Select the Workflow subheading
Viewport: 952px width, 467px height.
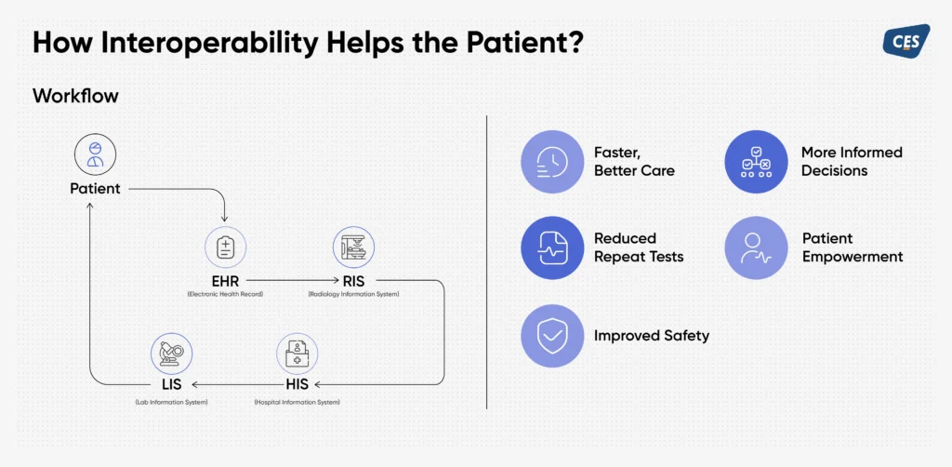pyautogui.click(x=75, y=96)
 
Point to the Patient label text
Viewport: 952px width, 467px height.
pyautogui.click(x=95, y=189)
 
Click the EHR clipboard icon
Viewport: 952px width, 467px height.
pyautogui.click(x=225, y=248)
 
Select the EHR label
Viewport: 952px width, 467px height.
pyautogui.click(x=226, y=279)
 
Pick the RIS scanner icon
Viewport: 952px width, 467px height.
pyautogui.click(x=353, y=248)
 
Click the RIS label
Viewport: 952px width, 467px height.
pyautogui.click(x=354, y=279)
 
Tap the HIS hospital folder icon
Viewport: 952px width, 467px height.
pyautogui.click(x=297, y=354)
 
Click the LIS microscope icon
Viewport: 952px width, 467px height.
pyautogui.click(x=171, y=354)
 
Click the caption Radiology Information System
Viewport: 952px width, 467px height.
pyautogui.click(x=354, y=295)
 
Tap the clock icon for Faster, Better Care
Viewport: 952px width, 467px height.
pyautogui.click(x=552, y=162)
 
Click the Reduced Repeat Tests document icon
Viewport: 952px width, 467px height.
pyautogui.click(x=552, y=248)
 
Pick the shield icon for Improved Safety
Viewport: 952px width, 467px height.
pyautogui.click(x=552, y=336)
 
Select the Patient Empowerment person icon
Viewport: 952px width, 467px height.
pyautogui.click(x=756, y=248)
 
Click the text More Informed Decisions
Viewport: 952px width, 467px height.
pyautogui.click(x=852, y=162)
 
